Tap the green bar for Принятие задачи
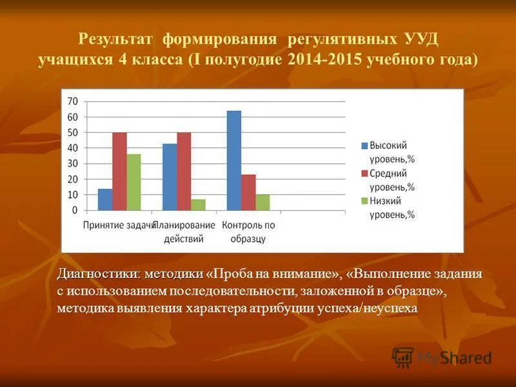coord(134,182)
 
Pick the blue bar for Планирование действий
coord(170,177)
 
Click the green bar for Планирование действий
coord(198,204)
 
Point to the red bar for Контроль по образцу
coord(248,192)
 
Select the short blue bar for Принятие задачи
coord(105,199)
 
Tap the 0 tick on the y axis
coord(75,210)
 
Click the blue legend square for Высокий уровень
coord(364,146)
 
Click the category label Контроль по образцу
coord(248,232)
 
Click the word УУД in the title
coord(422,38)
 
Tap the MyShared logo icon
coord(403,357)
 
